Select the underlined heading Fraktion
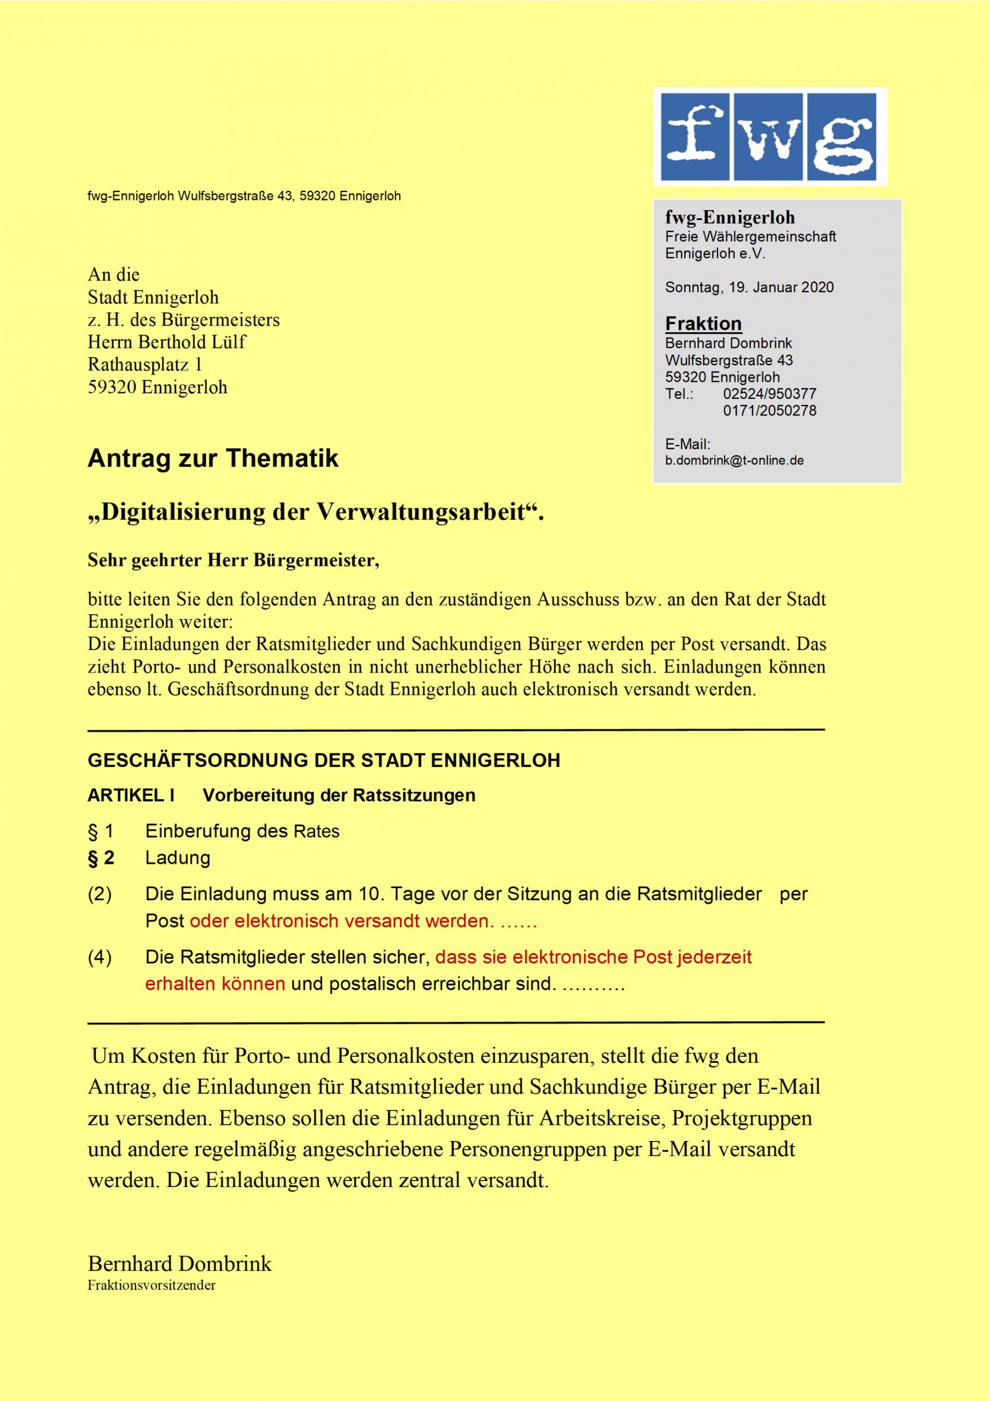[x=703, y=323]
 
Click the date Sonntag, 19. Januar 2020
[x=749, y=287]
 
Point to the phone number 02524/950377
[x=769, y=394]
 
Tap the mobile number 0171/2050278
[x=769, y=410]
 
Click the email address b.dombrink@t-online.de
[x=734, y=461]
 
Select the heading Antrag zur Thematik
[x=213, y=459]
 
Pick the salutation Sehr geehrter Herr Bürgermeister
[x=233, y=560]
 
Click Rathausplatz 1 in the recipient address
[x=144, y=364]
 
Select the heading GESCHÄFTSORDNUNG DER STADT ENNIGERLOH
[x=324, y=760]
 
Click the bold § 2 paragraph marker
[x=101, y=858]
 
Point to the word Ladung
[x=178, y=858]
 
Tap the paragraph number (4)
[x=100, y=957]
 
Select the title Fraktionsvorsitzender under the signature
[x=152, y=1285]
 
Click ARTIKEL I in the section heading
[x=131, y=796]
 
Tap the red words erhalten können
[x=215, y=983]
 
